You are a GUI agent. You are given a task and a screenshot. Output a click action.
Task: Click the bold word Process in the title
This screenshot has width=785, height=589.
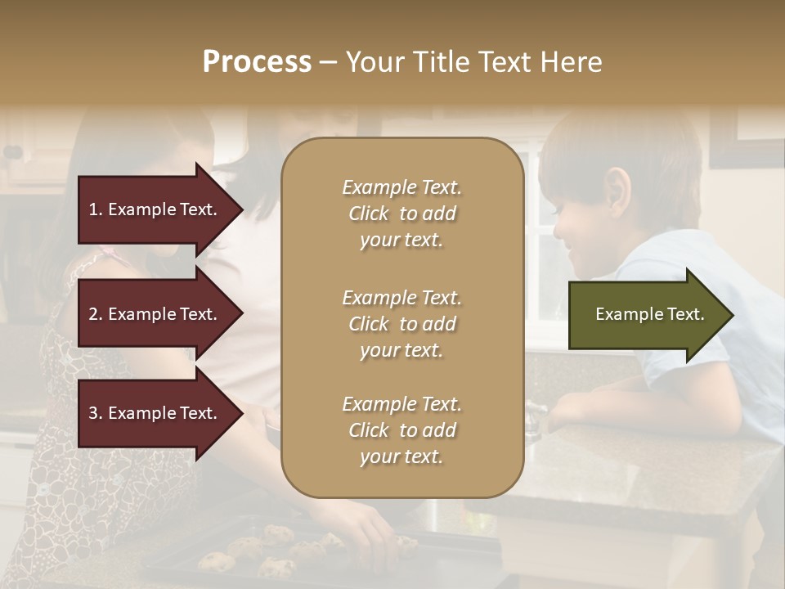[257, 62]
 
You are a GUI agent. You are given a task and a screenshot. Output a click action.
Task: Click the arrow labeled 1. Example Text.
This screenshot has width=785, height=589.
[155, 209]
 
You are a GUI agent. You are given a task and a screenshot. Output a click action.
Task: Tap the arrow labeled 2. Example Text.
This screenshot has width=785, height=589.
[155, 314]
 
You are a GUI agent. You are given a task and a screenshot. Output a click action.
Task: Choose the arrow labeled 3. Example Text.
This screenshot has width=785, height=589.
[155, 413]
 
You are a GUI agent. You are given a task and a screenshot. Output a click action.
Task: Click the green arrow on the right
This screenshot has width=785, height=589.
[646, 315]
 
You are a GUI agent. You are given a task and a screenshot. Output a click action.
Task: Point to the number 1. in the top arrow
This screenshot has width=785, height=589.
[96, 209]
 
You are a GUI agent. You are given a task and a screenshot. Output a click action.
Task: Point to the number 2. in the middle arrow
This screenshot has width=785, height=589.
[96, 314]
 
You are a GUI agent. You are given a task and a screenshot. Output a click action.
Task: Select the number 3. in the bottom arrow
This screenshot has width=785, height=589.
[96, 413]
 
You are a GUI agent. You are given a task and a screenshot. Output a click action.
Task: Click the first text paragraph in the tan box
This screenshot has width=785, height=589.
[401, 214]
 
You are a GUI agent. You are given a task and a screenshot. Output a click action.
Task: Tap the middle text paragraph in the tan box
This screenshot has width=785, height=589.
[401, 324]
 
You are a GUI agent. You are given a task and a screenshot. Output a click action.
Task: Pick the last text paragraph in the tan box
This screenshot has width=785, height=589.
[401, 430]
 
